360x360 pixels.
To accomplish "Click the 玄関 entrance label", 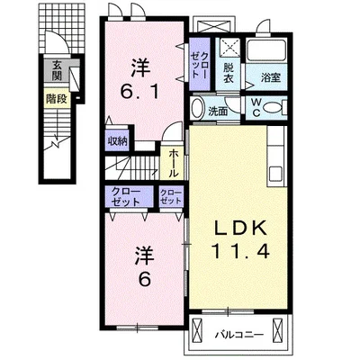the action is click(57, 70).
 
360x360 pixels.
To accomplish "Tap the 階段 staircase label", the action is click(57, 98).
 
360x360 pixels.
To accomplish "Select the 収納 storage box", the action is click(117, 140).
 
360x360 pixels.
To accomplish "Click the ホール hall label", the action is click(174, 163).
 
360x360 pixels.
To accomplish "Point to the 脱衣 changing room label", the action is click(229, 74).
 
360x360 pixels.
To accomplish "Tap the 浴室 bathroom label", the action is click(271, 77).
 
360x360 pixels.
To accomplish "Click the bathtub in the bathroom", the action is click(265, 50).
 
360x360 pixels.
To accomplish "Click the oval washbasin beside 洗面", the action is click(197, 109).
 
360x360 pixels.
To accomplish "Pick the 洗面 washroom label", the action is click(218, 112).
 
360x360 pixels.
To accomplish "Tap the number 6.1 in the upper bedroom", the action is click(139, 92).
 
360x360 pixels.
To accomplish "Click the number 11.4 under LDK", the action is click(240, 251).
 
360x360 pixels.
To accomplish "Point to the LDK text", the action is click(240, 229).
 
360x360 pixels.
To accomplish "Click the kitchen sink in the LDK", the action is click(275, 174).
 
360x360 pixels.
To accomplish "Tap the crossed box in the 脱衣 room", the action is click(229, 48).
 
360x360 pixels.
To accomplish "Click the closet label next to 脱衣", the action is click(200, 65).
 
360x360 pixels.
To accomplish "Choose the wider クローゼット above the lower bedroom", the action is click(126, 197).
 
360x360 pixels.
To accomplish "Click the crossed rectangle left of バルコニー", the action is click(197, 329).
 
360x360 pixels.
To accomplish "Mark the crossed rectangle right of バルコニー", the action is click(278, 329).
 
